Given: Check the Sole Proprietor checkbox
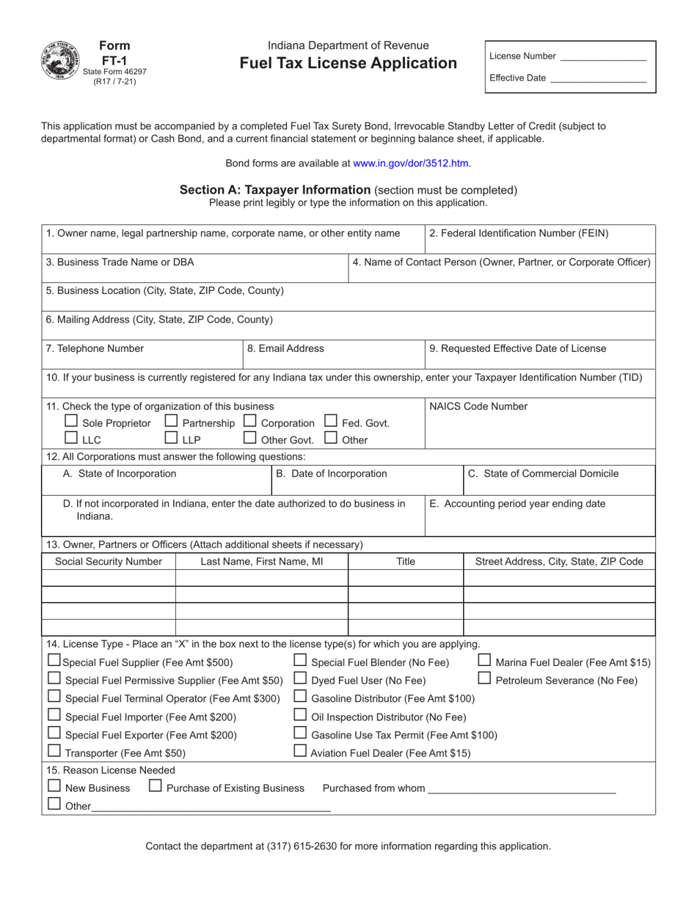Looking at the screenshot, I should [71, 422].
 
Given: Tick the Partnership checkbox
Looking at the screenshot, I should [171, 422].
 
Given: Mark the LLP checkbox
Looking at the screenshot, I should [171, 439].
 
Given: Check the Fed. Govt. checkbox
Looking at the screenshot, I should [331, 422].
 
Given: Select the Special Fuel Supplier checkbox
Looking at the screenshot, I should [54, 661].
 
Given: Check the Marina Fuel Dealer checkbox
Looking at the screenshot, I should [485, 661].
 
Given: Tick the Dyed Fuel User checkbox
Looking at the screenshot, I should [300, 678].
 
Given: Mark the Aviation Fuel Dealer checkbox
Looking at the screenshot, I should [300, 751].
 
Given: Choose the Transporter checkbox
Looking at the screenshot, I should [54, 751].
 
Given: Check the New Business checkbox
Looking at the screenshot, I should [54, 786].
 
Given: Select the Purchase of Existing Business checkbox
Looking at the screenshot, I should [156, 786].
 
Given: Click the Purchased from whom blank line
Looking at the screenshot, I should [522, 789].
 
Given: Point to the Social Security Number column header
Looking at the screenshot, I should [109, 562].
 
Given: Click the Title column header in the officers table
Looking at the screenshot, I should [406, 562].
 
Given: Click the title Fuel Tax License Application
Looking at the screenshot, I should [348, 64].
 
